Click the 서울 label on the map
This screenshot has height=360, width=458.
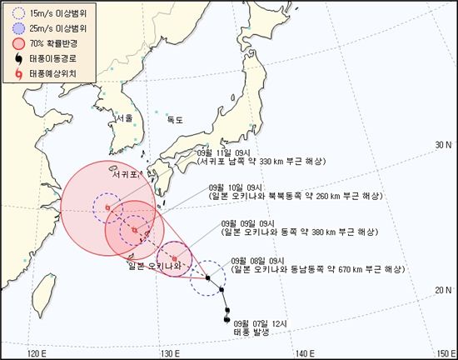125,118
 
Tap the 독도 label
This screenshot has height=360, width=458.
174,120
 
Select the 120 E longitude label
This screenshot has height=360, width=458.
35,352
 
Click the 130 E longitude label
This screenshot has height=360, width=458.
170,352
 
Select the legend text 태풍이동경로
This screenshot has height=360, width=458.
51,59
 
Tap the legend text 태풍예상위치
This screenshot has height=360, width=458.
51,75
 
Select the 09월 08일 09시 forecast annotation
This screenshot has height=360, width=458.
263,260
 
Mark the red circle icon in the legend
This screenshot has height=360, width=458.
17,43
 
